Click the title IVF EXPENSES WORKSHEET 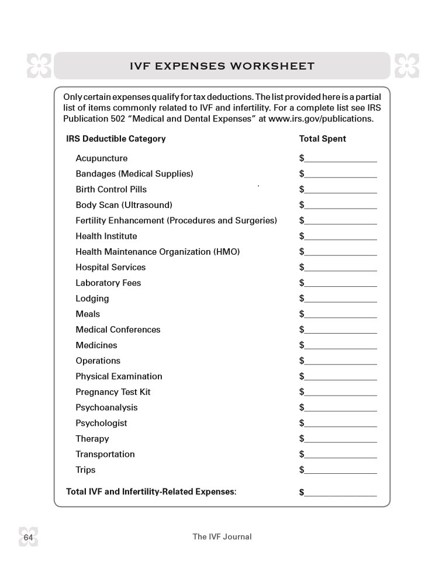tap(222, 66)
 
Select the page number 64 tap(28, 537)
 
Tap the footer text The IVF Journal tap(222, 536)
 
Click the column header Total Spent tap(322, 139)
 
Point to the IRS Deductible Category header tap(116, 139)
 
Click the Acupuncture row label tap(101, 158)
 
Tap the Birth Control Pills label tap(111, 189)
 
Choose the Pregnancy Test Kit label tap(113, 392)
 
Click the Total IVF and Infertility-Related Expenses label tap(151, 492)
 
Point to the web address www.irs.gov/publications tap(320, 119)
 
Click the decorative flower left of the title tap(39, 65)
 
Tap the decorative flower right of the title tap(406, 65)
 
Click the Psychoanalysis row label tap(106, 408)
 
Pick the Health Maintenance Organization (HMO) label tap(157, 252)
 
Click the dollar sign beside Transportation tap(302, 455)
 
